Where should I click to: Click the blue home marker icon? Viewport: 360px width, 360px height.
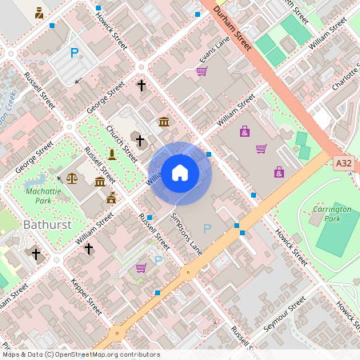pos(180,173)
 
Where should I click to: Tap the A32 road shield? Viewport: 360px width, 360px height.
pos(344,163)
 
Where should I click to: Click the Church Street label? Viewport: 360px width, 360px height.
pos(122,142)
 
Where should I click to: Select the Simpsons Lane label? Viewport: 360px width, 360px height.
pos(185,234)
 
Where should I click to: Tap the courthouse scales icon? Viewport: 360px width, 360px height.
pos(74,178)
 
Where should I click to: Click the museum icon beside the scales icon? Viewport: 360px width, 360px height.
pos(100,182)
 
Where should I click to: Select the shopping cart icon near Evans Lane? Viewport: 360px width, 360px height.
pos(202,71)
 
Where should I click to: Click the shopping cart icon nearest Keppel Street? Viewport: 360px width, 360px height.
pos(141,267)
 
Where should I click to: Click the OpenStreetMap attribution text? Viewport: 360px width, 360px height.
pos(80,354)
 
